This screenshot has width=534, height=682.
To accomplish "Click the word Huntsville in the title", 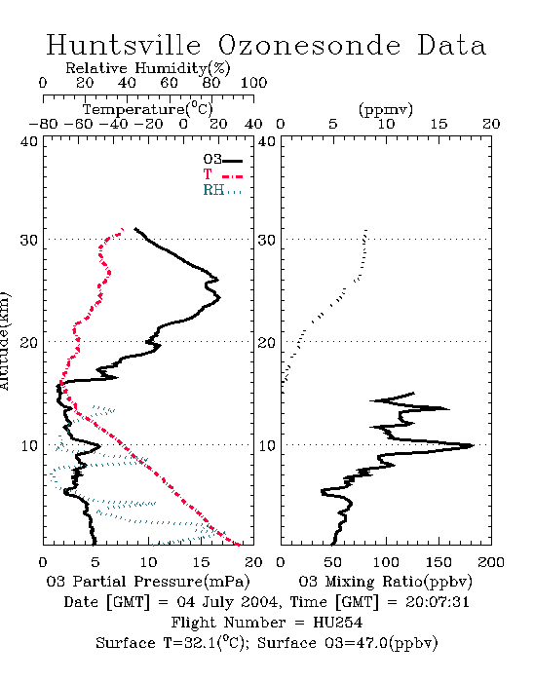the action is click(x=124, y=45).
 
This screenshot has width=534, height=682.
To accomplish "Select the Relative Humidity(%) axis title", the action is click(x=148, y=68).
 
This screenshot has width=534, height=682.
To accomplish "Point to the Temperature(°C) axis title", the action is click(x=148, y=109).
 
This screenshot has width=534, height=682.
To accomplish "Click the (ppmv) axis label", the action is click(x=386, y=109).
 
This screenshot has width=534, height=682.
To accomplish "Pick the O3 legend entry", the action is click(x=222, y=160).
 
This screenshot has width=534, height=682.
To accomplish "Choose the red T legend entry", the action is click(x=222, y=174).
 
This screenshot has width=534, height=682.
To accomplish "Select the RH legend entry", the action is click(x=222, y=190).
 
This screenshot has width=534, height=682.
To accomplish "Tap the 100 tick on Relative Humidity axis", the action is click(x=253, y=83).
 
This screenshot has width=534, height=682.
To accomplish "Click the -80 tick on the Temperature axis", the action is click(x=43, y=124).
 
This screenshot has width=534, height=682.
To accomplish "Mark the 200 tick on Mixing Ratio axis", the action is click(x=491, y=562).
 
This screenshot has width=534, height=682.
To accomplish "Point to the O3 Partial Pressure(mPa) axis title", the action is click(x=148, y=582).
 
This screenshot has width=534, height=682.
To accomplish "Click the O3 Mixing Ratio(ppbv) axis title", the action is click(x=385, y=582).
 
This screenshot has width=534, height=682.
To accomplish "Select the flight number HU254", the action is click(x=337, y=623).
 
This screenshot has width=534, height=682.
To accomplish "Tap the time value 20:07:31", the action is click(x=437, y=602).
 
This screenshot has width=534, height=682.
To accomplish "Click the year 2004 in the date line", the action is click(x=259, y=602).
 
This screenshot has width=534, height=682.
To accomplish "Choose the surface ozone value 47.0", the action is click(x=370, y=643).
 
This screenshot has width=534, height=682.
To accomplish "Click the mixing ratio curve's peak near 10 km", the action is click(x=473, y=445).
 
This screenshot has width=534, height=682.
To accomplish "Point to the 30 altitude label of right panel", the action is click(x=267, y=240).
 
